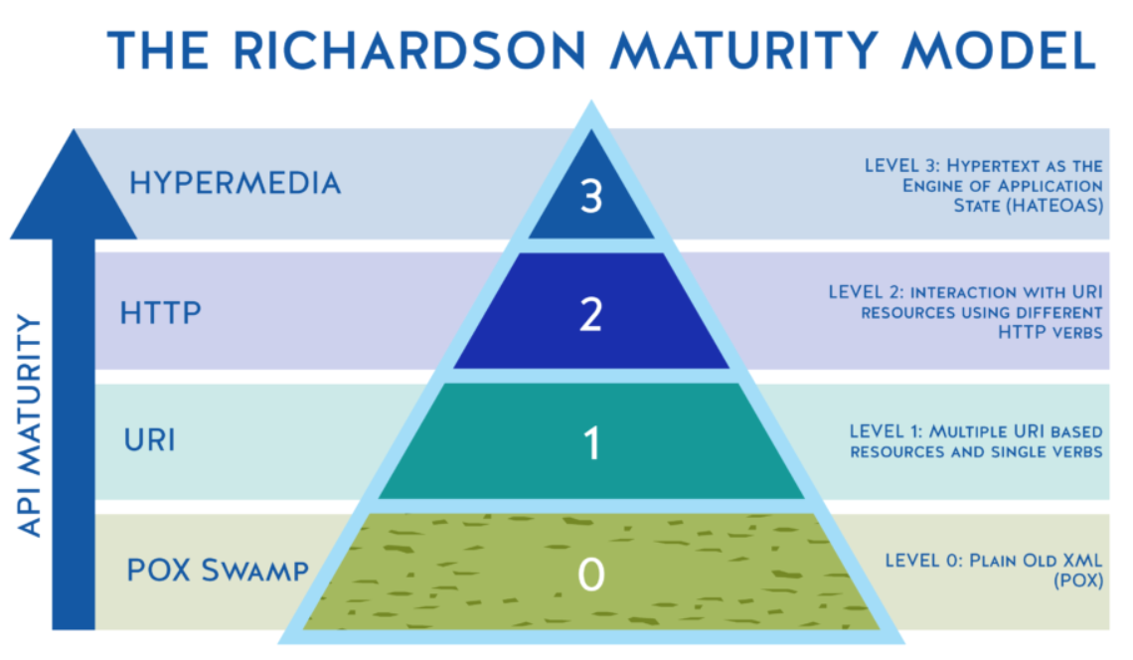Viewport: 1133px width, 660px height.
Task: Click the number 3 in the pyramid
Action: tap(591, 198)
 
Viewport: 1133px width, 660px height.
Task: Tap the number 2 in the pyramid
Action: tap(591, 315)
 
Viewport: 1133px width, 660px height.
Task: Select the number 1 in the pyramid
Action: tap(591, 443)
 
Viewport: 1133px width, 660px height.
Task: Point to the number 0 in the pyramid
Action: tap(591, 574)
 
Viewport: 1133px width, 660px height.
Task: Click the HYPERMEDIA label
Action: tap(235, 184)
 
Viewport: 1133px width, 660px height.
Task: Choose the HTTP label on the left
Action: tap(161, 313)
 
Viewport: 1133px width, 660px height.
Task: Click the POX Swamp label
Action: tap(218, 571)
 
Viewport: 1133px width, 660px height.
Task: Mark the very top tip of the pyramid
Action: tap(591, 103)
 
